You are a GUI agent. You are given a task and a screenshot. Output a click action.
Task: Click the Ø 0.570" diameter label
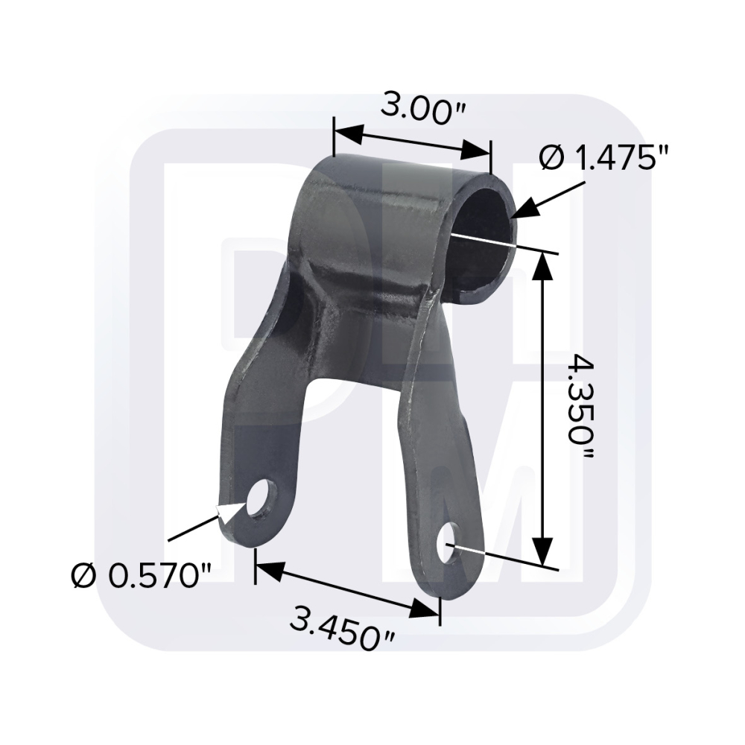click(x=140, y=576)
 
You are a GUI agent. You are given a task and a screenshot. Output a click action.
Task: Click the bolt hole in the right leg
click(x=449, y=543)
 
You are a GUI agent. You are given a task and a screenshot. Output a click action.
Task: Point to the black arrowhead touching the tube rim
click(x=526, y=208)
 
